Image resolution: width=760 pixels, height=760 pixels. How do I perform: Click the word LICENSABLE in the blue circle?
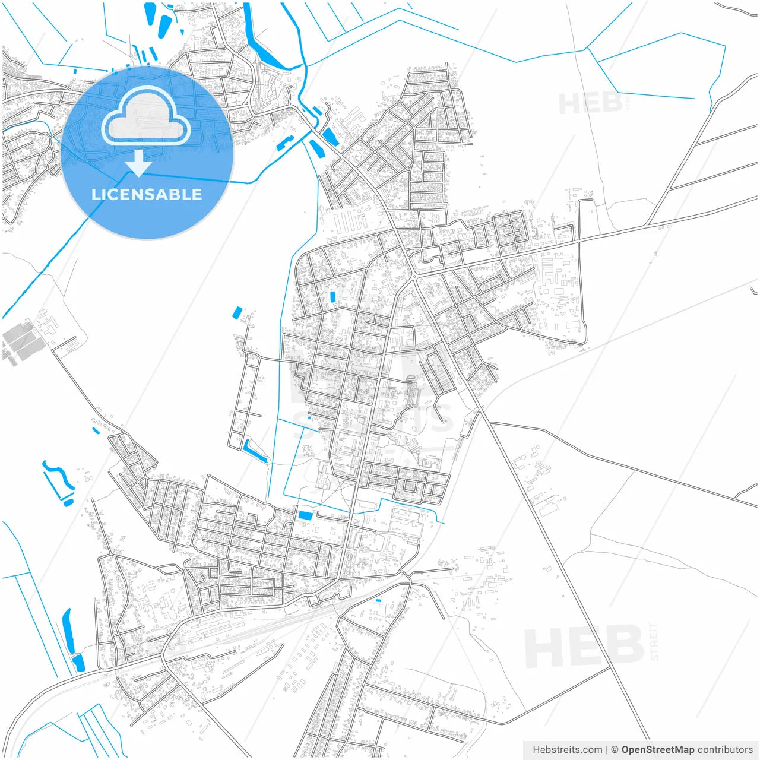(147, 194)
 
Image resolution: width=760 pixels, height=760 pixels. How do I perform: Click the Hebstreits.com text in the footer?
(567, 749)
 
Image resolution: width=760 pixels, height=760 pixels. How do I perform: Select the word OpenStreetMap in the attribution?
(658, 749)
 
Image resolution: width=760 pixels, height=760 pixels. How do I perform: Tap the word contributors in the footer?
(725, 749)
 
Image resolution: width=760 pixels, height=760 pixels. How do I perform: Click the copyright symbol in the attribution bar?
(615, 749)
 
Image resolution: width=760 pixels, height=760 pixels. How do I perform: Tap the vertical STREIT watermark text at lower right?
(654, 641)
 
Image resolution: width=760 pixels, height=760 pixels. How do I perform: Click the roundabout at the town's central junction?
(413, 277)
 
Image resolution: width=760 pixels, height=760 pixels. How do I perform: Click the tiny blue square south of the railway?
(378, 601)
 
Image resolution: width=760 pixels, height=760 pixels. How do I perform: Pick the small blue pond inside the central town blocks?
(332, 296)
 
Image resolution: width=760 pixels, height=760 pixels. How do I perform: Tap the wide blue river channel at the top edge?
(258, 42)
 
